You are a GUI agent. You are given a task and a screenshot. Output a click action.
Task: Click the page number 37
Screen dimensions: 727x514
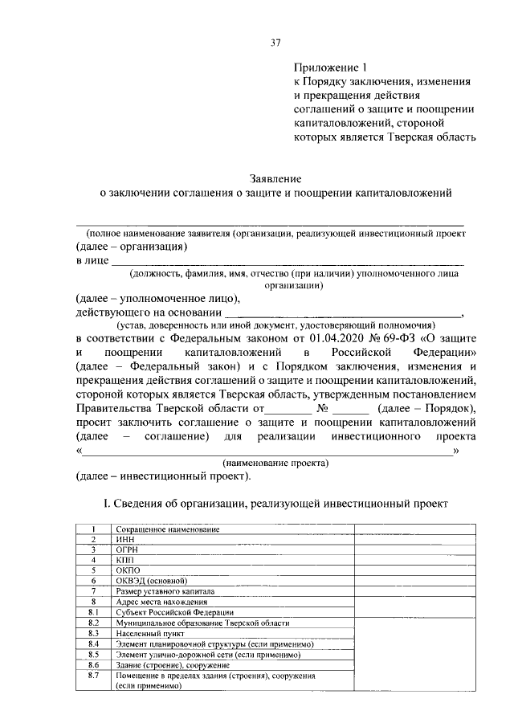[275, 41]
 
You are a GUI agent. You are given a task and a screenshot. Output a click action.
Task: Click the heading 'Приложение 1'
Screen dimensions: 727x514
[327, 68]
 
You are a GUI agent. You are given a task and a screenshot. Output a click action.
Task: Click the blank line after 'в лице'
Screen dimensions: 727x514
[287, 262]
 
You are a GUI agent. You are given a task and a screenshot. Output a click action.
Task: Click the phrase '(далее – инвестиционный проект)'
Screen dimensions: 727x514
[164, 476]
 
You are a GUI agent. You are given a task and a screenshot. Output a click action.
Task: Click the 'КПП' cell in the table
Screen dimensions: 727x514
[124, 560]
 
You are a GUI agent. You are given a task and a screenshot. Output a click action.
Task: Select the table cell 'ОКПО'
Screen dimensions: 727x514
[127, 570]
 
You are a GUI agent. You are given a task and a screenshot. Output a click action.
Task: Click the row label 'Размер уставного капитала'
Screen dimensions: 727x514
[164, 590]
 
